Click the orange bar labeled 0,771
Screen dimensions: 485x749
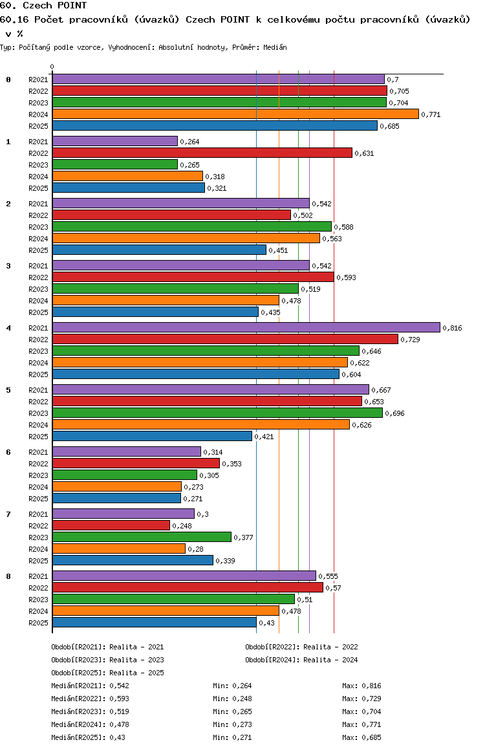point(236,114)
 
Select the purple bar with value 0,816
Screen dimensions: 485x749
point(246,328)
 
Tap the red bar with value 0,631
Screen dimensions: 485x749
point(202,153)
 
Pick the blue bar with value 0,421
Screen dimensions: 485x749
point(152,436)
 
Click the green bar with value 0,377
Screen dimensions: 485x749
point(142,537)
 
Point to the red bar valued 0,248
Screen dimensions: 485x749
point(111,525)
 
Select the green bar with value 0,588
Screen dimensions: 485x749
point(192,226)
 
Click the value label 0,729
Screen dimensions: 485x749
point(410,340)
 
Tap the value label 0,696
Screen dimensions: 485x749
point(394,413)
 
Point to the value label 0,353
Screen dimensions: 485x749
point(232,464)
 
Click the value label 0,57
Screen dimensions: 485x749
point(333,588)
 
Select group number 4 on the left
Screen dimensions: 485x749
point(8,328)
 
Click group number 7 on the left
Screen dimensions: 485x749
point(8,514)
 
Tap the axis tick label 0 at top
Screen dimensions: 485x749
point(52,67)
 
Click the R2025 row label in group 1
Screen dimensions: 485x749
point(38,188)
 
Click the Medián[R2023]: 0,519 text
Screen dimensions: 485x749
point(91,711)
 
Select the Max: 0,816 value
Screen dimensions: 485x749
point(362,686)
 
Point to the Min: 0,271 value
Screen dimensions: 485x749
point(232,737)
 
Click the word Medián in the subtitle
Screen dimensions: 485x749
point(275,47)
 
